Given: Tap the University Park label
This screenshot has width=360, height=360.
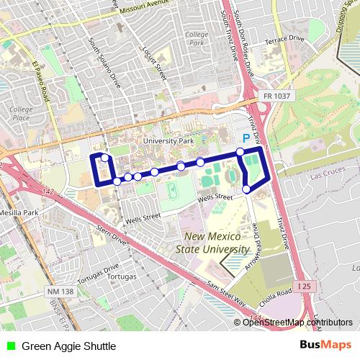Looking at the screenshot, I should click(168, 141).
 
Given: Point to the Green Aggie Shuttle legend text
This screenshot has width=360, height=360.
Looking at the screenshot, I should click(68, 346).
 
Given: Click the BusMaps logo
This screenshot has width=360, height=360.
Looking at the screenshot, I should click(325, 346).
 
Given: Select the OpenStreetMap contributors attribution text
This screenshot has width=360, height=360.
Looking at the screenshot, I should click(297, 322).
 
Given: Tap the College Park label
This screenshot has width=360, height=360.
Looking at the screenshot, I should click(196, 39).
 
